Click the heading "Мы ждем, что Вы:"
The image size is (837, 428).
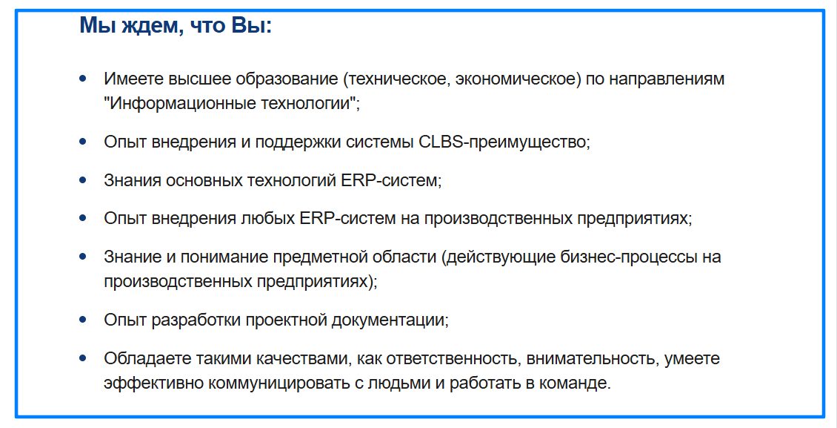coord(176,26)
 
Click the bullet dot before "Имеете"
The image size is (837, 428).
coord(83,78)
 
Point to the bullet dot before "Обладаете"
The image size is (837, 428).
coord(83,358)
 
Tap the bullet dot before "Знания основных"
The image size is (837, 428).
coord(83,180)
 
